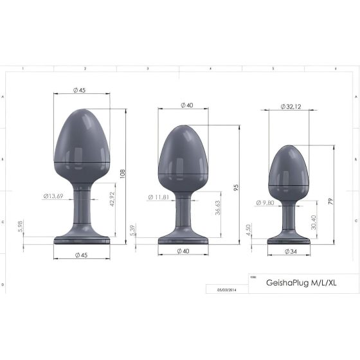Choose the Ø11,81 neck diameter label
(159, 197)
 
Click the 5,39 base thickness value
(132, 229)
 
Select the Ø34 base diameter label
(289, 251)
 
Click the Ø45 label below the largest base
(81, 255)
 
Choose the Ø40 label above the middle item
(186, 105)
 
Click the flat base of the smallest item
(289, 240)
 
